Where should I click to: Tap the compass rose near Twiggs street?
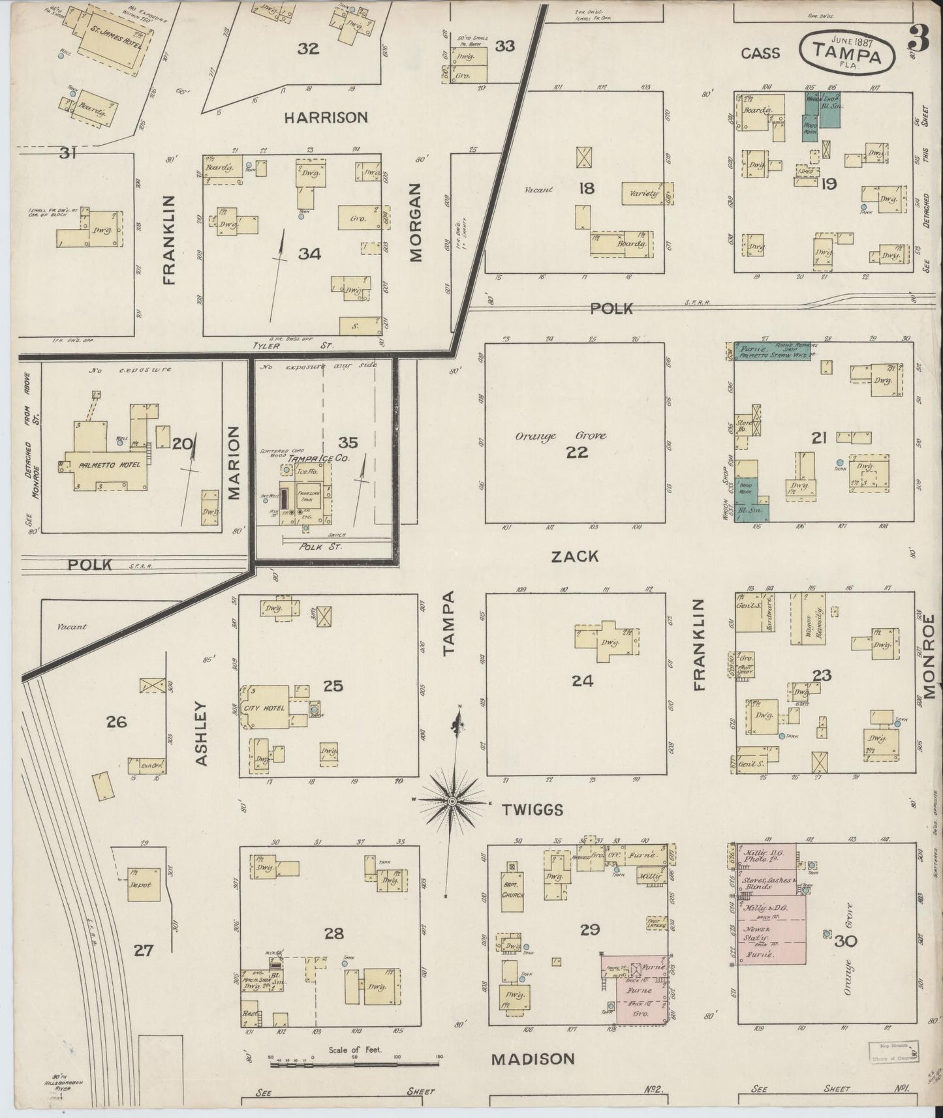(452, 800)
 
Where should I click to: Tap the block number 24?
(582, 681)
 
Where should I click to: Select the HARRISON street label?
(326, 117)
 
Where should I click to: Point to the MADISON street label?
(533, 1058)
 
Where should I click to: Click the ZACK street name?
(575, 556)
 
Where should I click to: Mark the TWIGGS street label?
(533, 809)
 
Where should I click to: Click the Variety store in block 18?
(645, 194)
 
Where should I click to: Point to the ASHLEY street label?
(201, 733)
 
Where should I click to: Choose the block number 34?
(309, 254)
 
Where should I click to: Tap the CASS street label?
(760, 53)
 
